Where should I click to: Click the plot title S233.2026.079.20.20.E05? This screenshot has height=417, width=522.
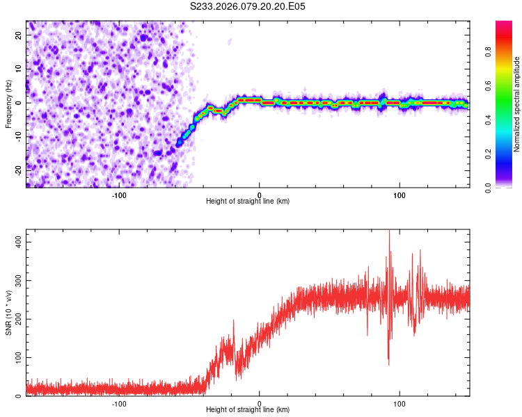click(248, 6)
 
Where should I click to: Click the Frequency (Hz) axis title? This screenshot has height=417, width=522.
click(8, 104)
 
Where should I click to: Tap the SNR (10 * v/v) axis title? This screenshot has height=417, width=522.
click(8, 312)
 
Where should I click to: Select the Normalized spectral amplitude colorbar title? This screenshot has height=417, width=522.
click(517, 104)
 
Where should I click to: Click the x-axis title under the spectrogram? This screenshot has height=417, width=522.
click(248, 201)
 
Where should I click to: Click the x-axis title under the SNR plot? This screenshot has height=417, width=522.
click(248, 409)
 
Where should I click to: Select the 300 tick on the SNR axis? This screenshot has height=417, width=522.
click(17, 281)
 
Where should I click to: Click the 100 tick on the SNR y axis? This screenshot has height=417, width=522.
click(17, 357)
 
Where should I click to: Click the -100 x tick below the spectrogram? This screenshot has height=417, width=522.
click(119, 195)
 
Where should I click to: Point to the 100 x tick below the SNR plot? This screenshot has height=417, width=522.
click(400, 403)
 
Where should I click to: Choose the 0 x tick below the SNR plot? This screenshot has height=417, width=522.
click(260, 403)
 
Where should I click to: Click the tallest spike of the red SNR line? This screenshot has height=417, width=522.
click(389, 232)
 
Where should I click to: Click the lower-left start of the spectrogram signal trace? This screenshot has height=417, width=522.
click(179, 143)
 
